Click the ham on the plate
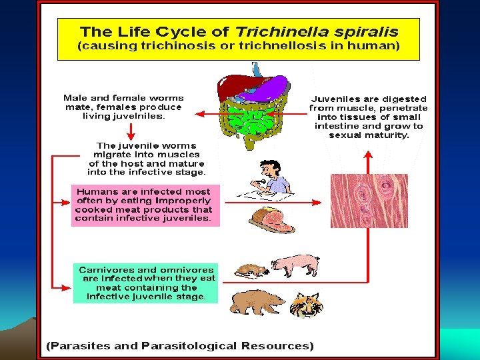coord(271,219)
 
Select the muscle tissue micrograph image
coord(369,201)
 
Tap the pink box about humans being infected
coord(145,205)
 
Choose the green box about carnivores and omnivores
coord(145,283)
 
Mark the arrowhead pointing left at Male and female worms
coord(198,114)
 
